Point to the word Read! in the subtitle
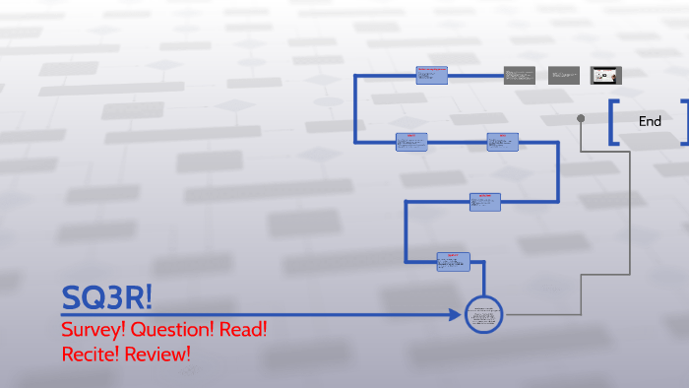244,329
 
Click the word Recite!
92,353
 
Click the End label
650,121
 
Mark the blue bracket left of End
612,122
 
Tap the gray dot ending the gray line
581,118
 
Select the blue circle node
483,315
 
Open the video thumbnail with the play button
605,75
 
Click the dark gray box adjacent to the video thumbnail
564,75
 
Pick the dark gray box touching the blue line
519,75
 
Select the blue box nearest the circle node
454,261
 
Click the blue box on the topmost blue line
432,75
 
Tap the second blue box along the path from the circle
485,202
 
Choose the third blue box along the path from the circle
503,142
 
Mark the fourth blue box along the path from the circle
411,142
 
